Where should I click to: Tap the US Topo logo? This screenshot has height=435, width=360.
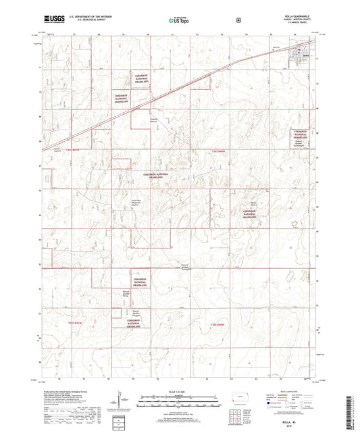coord(176,22)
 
